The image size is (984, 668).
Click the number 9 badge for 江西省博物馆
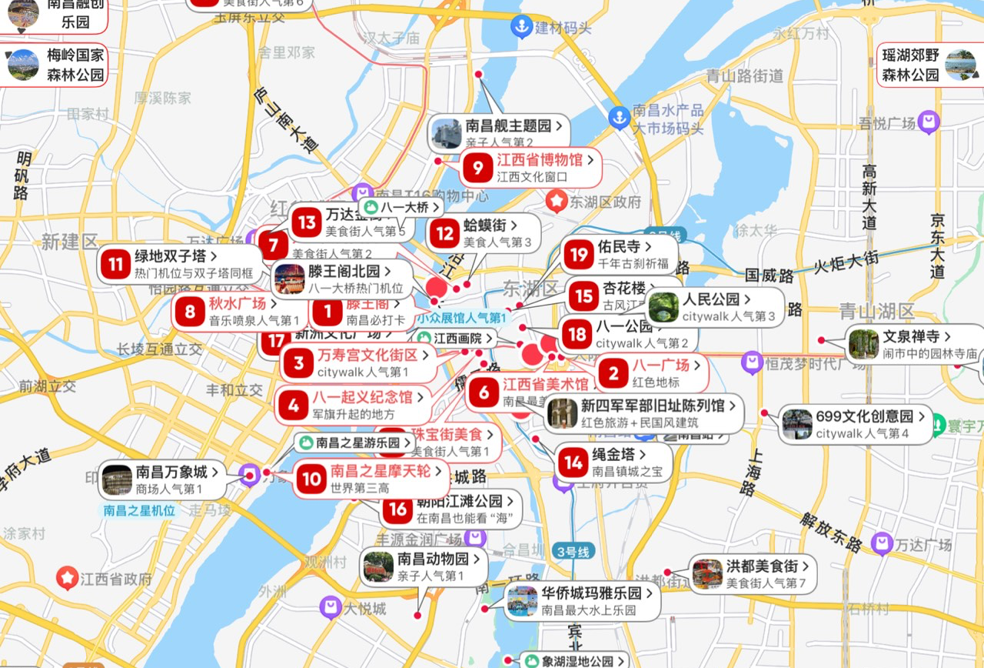coord(477,168)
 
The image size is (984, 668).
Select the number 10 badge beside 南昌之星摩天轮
coord(311,479)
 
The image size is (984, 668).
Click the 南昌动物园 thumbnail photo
coord(378,566)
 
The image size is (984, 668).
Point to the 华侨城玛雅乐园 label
coord(591,593)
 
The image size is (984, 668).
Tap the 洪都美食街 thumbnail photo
coord(707,573)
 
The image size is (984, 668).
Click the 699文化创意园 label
coord(865,416)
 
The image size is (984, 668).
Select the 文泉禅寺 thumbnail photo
coord(863,344)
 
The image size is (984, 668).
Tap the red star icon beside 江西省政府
coord(67,576)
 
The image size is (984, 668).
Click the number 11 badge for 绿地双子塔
coord(116,265)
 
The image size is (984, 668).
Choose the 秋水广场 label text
coord(237,303)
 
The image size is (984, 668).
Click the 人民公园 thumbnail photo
coord(663,307)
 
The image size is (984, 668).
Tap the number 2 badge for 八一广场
coord(613,374)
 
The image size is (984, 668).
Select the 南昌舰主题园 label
coord(508,125)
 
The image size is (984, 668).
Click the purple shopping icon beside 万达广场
coord(882,544)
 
